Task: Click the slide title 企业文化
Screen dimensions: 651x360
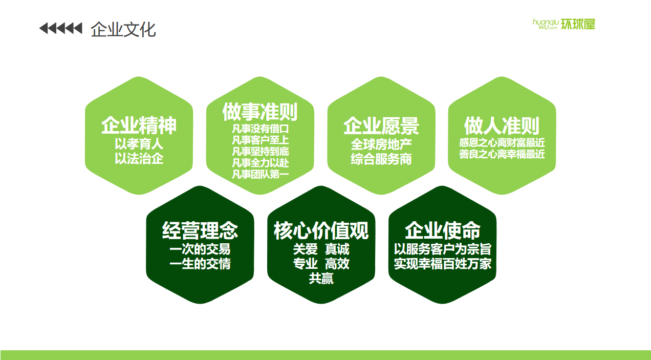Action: [123, 30]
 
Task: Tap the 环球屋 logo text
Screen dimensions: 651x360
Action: [578, 24]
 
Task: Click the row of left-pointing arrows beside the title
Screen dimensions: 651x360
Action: [61, 29]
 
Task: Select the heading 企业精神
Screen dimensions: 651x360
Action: [139, 125]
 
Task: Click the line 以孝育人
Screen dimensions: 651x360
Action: [139, 144]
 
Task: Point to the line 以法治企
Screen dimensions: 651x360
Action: [139, 159]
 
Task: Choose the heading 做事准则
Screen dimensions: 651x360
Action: [260, 112]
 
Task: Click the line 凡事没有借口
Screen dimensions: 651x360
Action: [260, 129]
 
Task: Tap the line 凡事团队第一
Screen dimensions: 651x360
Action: [260, 174]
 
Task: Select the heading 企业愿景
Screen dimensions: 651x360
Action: [381, 126]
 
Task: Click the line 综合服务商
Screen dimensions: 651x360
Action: [381, 159]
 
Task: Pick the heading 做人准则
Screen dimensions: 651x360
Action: [502, 125]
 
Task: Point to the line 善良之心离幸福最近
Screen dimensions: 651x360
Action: [502, 154]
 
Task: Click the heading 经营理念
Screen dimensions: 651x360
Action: [200, 230]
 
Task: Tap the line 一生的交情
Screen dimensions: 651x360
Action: [200, 264]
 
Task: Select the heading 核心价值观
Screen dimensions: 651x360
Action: [321, 230]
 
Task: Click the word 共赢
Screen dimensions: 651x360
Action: [321, 278]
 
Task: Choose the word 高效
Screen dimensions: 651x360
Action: [337, 264]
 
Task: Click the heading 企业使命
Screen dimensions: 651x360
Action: [442, 230]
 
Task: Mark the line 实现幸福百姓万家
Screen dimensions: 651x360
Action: [442, 264]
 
